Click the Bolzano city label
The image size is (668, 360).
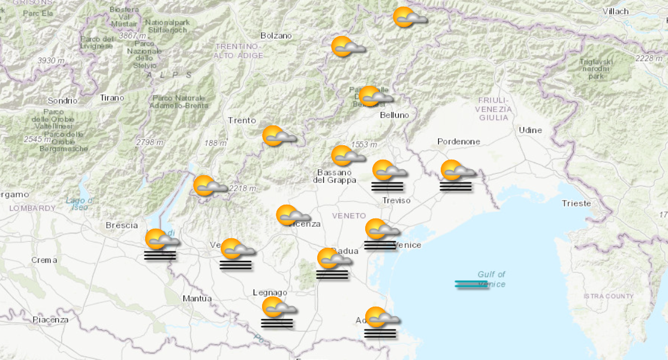[x=276, y=35]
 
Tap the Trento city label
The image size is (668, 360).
[x=242, y=121]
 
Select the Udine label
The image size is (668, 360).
[x=530, y=130]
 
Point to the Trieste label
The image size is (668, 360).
[x=576, y=203]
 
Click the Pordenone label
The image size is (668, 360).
[x=459, y=142]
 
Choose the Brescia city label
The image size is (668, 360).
[x=122, y=226]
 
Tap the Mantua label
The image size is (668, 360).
[x=197, y=298]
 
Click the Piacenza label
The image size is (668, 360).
[x=50, y=320]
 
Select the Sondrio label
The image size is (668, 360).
[x=63, y=101]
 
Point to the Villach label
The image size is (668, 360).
[x=616, y=11]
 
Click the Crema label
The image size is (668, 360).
[x=45, y=260]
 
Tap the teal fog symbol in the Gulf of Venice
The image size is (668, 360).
[x=471, y=284]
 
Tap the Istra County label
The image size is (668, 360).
[x=608, y=296]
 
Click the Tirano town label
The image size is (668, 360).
[x=112, y=98]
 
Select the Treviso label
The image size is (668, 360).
[x=396, y=200]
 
